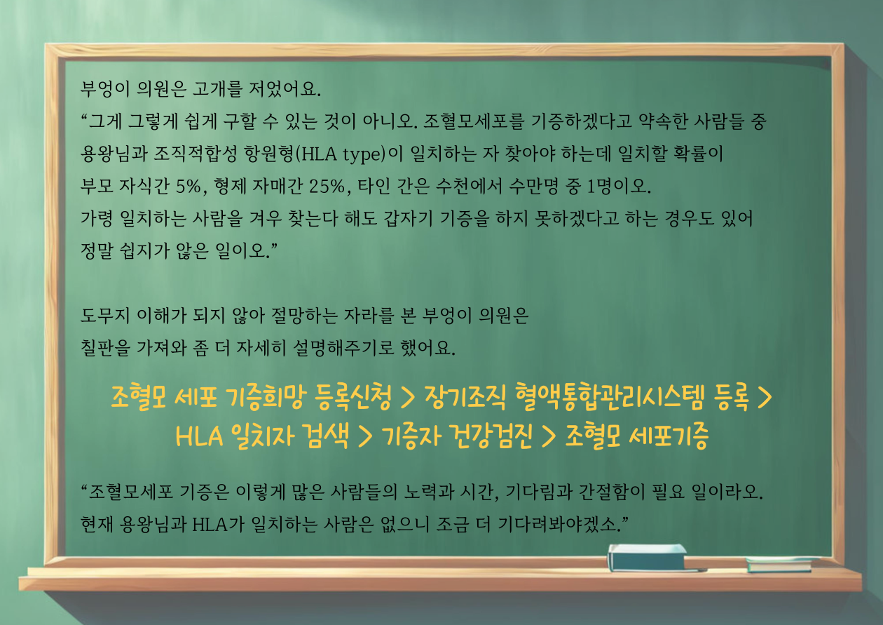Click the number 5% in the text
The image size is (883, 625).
189,187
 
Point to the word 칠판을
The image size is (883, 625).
105,348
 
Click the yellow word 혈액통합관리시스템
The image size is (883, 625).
610,396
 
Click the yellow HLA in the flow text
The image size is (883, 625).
200,436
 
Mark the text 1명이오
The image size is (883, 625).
619,187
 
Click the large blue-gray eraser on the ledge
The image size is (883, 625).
648,557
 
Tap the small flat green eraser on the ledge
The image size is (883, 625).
781,564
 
